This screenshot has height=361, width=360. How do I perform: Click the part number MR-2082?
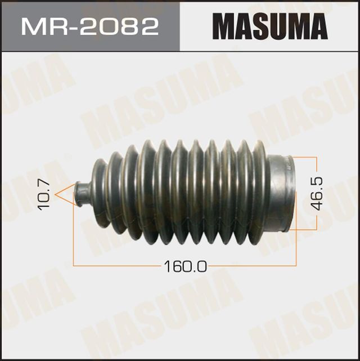90,26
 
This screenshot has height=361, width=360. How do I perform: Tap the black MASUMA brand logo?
269,26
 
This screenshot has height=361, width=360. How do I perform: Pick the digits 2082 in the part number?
121,26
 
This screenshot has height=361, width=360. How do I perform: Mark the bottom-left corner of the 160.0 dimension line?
74,264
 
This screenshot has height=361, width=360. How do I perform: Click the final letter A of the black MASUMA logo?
316,26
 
